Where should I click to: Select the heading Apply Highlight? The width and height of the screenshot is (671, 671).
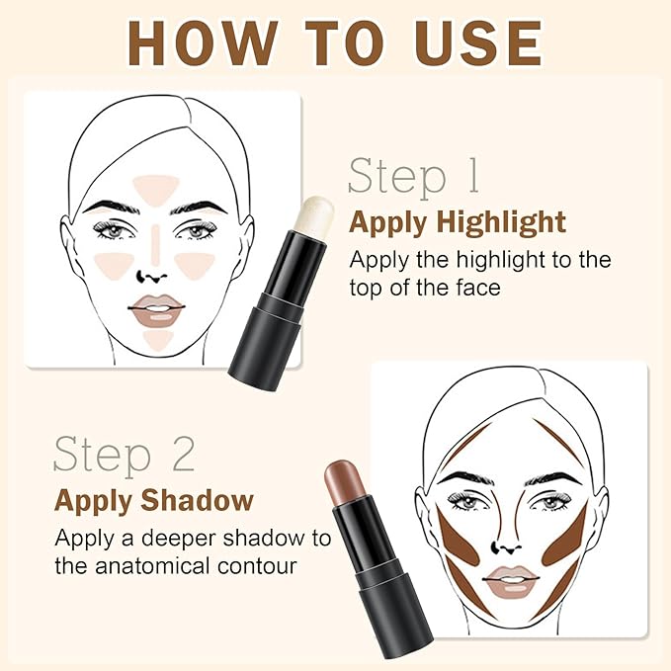click(457, 222)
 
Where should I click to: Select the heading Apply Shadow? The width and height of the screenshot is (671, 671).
click(153, 500)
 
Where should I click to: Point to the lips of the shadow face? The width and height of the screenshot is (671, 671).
click(510, 581)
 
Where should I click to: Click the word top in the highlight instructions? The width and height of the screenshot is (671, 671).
click(369, 289)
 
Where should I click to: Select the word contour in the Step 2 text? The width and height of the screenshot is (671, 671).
click(266, 567)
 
